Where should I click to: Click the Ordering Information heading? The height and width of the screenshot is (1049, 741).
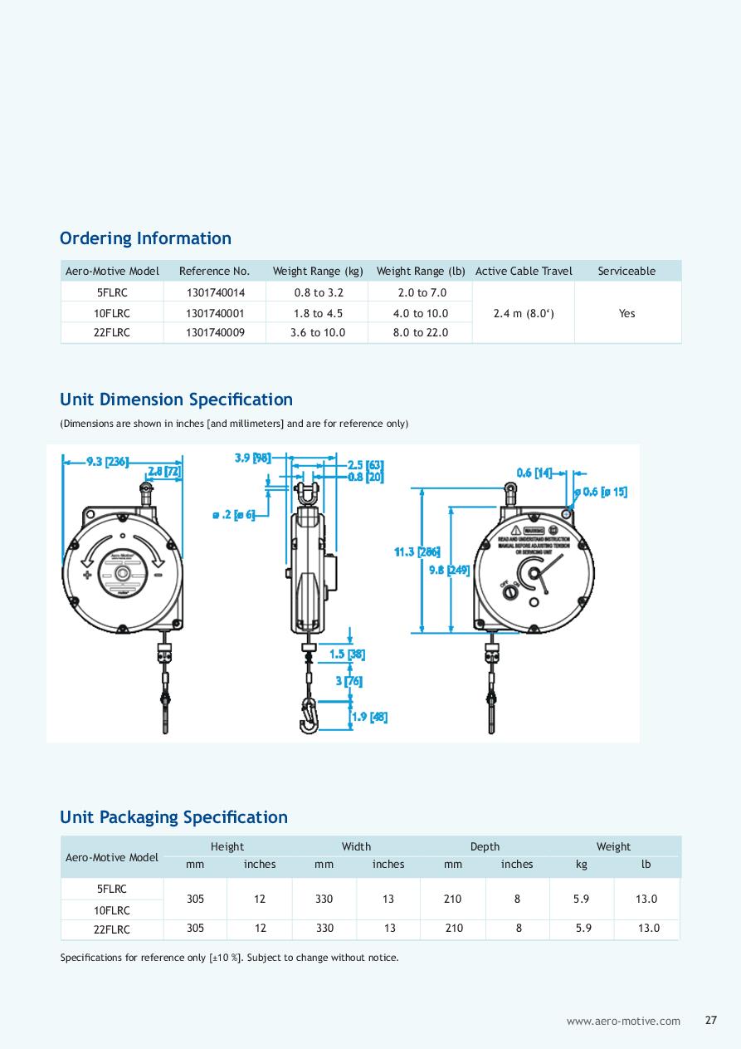145,238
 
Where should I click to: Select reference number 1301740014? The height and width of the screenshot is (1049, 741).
214,293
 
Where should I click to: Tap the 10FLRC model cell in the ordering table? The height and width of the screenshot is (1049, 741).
112,313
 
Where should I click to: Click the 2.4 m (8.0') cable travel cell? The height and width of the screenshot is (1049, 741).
523,313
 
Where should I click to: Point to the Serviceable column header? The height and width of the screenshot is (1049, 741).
626,271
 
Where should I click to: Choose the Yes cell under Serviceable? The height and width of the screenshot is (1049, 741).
626,313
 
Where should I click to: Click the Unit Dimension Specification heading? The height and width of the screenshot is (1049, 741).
176,400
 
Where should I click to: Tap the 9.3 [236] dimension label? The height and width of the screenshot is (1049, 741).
108,462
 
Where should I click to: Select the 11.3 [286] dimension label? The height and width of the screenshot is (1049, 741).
417,551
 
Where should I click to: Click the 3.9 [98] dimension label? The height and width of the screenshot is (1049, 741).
252,457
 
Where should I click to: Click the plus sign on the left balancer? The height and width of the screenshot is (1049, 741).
87,574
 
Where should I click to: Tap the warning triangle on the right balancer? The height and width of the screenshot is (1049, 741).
515,530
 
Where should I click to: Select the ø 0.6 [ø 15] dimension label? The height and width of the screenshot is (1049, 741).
604,492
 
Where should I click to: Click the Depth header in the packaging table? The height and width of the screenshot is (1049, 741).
485,846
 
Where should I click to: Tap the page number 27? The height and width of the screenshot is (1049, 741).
711,1021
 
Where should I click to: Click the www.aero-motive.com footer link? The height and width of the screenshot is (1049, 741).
623,1022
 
